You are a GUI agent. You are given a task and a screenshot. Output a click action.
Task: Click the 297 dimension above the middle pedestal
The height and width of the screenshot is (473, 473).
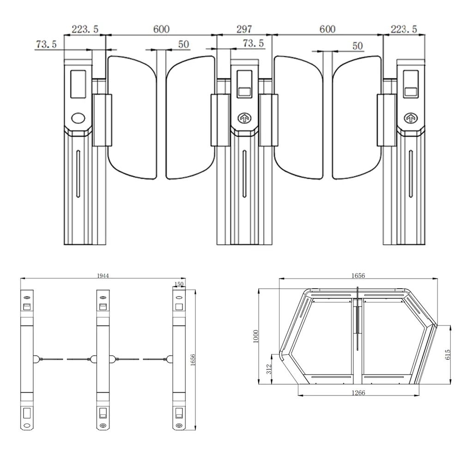[244, 29]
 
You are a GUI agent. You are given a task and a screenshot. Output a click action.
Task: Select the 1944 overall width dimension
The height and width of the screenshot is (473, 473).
[103, 276]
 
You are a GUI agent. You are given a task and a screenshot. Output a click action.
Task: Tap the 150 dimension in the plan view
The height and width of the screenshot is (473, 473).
[179, 284]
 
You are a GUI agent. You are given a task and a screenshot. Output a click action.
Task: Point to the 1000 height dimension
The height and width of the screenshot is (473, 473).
[256, 336]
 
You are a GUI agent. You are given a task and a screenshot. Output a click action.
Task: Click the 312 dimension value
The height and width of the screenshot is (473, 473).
[269, 369]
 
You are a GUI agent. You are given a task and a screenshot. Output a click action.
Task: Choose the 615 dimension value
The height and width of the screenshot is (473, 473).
[448, 354]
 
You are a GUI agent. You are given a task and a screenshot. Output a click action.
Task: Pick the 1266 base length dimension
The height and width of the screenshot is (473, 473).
[358, 393]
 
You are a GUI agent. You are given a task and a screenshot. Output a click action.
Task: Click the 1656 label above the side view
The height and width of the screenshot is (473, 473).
[358, 275]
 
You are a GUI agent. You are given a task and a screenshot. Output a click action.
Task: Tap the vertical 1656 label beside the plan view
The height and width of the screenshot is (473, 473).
[193, 360]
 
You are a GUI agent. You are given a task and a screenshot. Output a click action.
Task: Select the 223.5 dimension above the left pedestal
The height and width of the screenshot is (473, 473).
[85, 29]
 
